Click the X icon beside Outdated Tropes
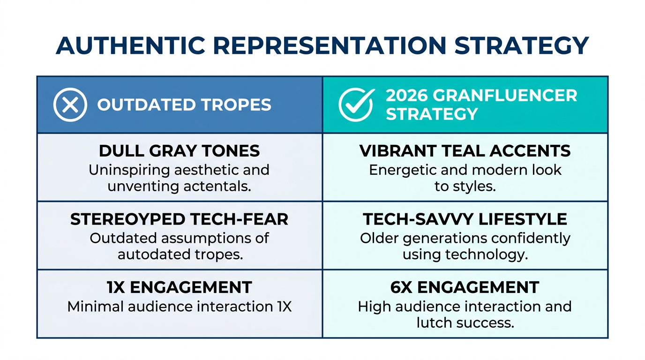click(x=70, y=105)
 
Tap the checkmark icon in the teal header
click(x=356, y=105)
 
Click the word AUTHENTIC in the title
click(x=130, y=45)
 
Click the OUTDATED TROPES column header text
click(x=184, y=105)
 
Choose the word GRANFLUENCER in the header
click(x=505, y=96)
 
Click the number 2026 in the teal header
click(x=406, y=96)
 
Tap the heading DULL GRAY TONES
click(x=179, y=151)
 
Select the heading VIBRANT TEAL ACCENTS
click(x=465, y=151)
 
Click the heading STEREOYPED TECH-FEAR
click(x=179, y=219)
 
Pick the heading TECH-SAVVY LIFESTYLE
click(x=465, y=219)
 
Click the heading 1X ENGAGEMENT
click(x=179, y=287)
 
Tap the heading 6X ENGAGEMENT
click(x=465, y=287)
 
